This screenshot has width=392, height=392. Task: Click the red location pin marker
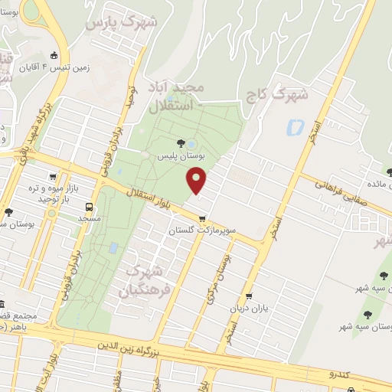pos(198,180)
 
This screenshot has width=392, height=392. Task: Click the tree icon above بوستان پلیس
pos(181,142)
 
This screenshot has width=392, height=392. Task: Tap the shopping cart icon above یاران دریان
pos(248,296)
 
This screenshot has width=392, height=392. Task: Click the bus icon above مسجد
pos(90,207)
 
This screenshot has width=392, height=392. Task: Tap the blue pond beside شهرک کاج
pos(294,127)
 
